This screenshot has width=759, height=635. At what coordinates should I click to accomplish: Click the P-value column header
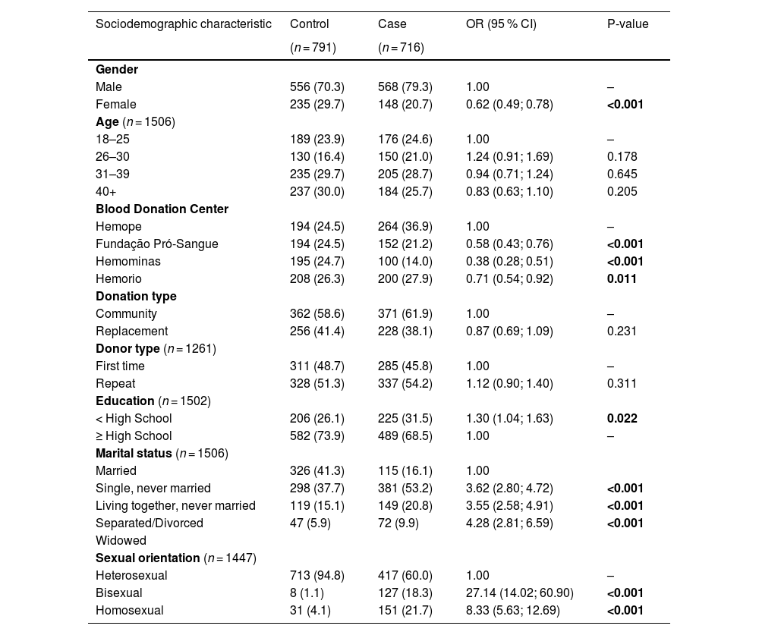click(628, 24)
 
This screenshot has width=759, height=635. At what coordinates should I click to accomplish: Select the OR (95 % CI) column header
click(501, 24)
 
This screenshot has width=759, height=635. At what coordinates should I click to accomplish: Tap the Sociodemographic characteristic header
click(183, 24)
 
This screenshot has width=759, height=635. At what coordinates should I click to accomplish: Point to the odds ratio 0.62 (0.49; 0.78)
click(509, 105)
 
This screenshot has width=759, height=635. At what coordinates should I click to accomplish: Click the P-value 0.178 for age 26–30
click(622, 157)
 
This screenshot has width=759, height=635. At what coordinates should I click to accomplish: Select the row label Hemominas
click(128, 262)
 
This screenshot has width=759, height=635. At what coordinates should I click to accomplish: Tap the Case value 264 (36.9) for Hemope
click(405, 227)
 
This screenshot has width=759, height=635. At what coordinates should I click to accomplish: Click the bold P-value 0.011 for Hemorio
click(622, 279)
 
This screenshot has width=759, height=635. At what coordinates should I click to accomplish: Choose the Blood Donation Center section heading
click(162, 209)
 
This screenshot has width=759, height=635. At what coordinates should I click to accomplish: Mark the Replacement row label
click(131, 332)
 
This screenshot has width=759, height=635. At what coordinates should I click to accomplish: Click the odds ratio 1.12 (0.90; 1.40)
click(509, 384)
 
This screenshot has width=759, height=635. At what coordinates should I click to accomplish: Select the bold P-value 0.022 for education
click(622, 419)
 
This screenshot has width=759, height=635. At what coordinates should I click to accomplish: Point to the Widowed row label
click(121, 541)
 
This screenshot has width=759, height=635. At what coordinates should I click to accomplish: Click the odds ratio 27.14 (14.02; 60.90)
click(519, 593)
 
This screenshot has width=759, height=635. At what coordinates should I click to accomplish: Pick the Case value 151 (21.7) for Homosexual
click(405, 611)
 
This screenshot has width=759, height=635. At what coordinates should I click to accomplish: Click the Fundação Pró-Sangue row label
click(157, 244)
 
